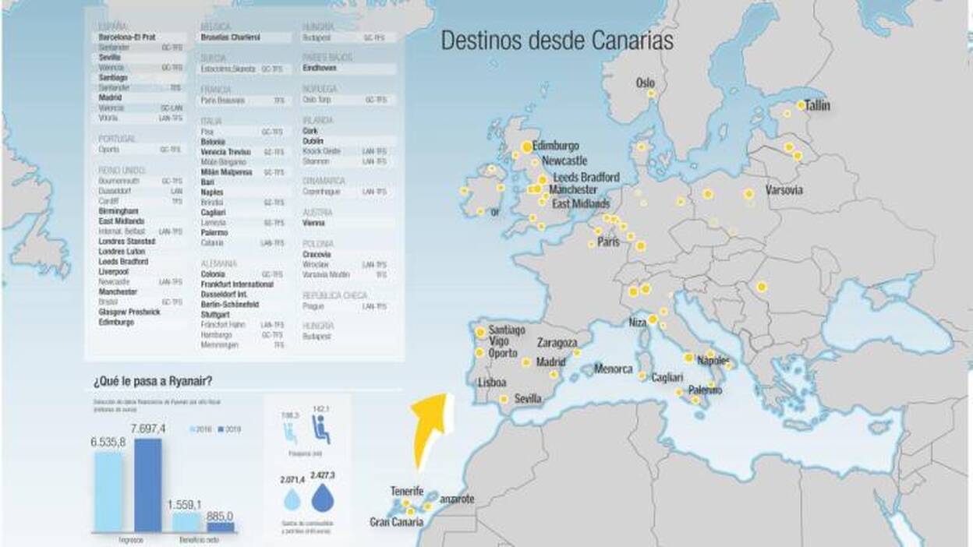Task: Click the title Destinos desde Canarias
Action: click(557, 41)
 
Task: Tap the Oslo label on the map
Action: click(646, 83)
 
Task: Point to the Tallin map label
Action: click(818, 105)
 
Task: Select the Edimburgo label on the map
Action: click(556, 146)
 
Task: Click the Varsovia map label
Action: click(784, 190)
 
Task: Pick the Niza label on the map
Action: click(638, 323)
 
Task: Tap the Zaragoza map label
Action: click(557, 343)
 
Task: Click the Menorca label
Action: click(614, 369)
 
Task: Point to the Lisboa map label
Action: click(492, 383)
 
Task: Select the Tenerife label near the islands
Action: click(407, 492)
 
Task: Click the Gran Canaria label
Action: click(396, 521)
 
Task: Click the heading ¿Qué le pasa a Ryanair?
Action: click(153, 381)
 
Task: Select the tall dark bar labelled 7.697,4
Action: click(148, 485)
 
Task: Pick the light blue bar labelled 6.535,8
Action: click(108, 492)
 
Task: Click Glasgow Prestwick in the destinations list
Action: click(129, 312)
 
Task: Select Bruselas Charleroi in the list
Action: click(230, 37)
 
